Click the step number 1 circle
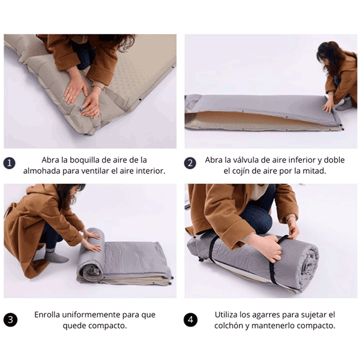(10, 163)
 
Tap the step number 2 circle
(190, 163)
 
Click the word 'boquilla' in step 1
(82, 160)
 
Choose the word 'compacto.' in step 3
(109, 326)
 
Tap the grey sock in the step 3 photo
(55, 257)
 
